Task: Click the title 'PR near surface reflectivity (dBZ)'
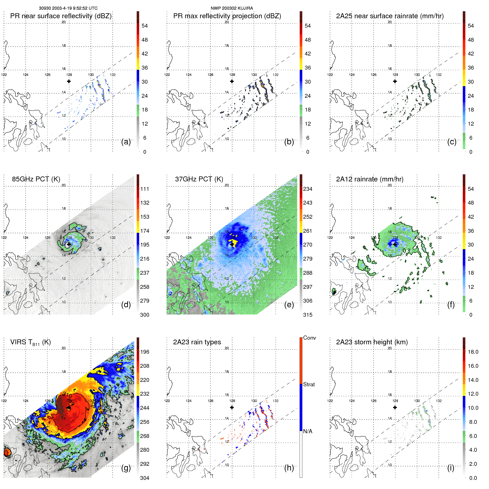tap(61, 16)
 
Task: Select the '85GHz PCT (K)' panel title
tap(36, 179)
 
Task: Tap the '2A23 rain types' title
tap(197, 342)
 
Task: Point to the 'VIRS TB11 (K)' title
tap(30, 342)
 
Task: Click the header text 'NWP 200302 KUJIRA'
tap(232, 8)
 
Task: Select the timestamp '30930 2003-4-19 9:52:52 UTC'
tap(68, 8)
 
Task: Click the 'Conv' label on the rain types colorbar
tap(309, 338)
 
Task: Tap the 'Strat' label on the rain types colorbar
tap(309, 384)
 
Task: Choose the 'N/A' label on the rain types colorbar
tap(308, 431)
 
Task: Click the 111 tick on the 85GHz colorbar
tap(144, 189)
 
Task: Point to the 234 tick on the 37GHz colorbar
tap(308, 189)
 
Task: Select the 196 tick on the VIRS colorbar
tap(144, 352)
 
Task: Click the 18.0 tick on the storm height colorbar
tap(473, 352)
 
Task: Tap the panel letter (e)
tap(289, 305)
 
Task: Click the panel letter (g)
tap(126, 468)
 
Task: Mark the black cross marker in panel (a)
tap(69, 81)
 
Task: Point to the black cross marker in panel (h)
tap(232, 408)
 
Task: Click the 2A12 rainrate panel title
tap(369, 179)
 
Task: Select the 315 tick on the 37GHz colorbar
tap(308, 315)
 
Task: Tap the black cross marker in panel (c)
tap(395, 81)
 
